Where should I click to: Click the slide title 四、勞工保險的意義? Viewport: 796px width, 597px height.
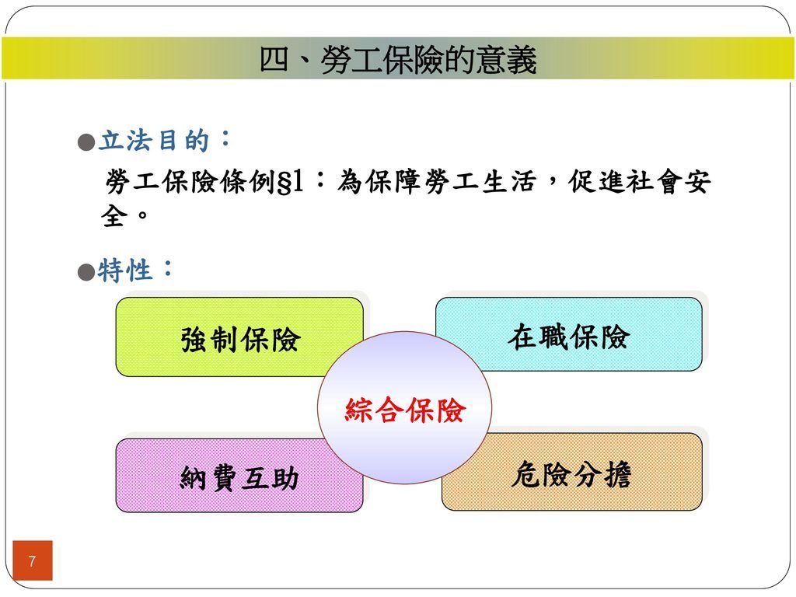pyautogui.click(x=398, y=61)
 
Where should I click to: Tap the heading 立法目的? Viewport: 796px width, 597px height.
pyautogui.click(x=154, y=142)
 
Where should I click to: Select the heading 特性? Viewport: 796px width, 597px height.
pyautogui.click(x=125, y=271)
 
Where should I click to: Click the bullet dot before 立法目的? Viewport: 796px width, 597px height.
pyautogui.click(x=87, y=142)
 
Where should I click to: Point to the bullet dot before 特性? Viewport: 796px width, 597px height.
pyautogui.click(x=87, y=271)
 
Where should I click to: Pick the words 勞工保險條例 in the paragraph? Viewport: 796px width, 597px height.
pyautogui.click(x=190, y=183)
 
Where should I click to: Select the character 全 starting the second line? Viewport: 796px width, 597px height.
pyautogui.click(x=114, y=216)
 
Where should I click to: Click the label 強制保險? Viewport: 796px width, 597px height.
pyautogui.click(x=240, y=340)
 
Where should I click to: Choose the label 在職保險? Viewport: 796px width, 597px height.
pyautogui.click(x=569, y=337)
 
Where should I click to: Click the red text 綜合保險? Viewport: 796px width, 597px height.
pyautogui.click(x=405, y=410)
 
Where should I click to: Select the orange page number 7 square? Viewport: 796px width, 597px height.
pyautogui.click(x=32, y=560)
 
